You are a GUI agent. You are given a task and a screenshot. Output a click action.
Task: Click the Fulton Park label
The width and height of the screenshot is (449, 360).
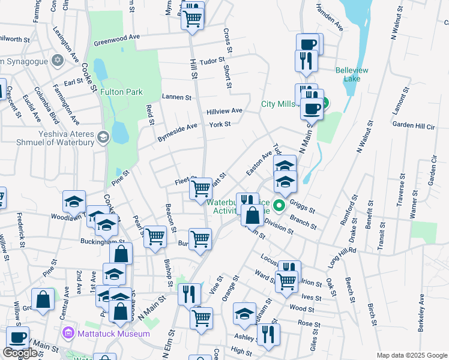tap(122, 92)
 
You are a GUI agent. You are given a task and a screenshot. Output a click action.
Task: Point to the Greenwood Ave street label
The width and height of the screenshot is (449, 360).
tap(116, 40)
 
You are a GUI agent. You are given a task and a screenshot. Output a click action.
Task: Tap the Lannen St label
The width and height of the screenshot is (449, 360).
tap(176, 97)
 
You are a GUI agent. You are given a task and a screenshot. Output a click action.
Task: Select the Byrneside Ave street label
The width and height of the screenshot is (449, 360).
tap(177, 128)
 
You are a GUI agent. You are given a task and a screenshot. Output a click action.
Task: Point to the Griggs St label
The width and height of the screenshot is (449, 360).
tap(302, 206)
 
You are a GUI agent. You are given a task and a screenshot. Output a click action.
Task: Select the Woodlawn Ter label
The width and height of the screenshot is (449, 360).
tap(66, 217)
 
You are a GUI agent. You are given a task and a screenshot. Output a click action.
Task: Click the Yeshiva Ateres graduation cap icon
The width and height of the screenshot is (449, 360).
tap(103, 137)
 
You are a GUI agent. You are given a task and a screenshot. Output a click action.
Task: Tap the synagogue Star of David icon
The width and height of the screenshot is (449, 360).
tap(58, 61)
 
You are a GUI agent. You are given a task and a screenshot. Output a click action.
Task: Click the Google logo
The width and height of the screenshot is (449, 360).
tap(20, 353)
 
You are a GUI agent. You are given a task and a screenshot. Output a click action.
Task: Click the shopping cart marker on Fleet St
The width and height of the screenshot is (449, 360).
tap(200, 188)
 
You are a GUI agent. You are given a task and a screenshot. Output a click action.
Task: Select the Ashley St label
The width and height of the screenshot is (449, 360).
tap(246, 337)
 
